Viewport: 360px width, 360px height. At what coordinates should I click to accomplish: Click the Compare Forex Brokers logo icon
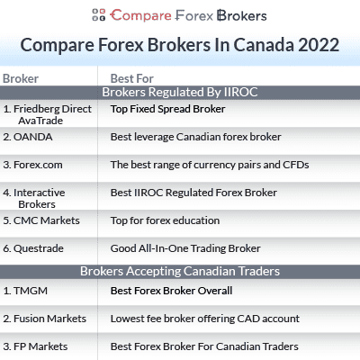coord(99,15)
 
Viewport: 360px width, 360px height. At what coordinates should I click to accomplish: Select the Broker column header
coord(21,78)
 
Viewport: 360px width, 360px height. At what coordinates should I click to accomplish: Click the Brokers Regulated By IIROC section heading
coord(180,92)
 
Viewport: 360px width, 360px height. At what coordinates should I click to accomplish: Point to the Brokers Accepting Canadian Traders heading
coord(180,271)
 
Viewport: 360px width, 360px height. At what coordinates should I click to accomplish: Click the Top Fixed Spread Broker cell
coord(167,109)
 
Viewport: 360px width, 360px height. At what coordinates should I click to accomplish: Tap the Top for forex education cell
coord(164,220)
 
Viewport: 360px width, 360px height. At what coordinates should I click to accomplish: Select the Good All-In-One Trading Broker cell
coord(185,248)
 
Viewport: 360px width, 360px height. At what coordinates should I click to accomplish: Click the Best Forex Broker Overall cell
coord(171,291)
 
